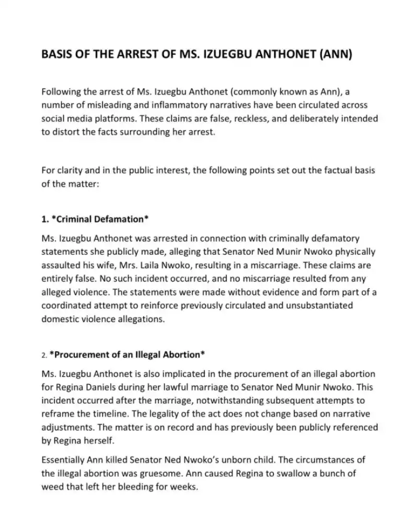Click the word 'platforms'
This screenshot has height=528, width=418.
(x=117, y=118)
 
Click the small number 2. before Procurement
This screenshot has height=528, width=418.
(x=44, y=355)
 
